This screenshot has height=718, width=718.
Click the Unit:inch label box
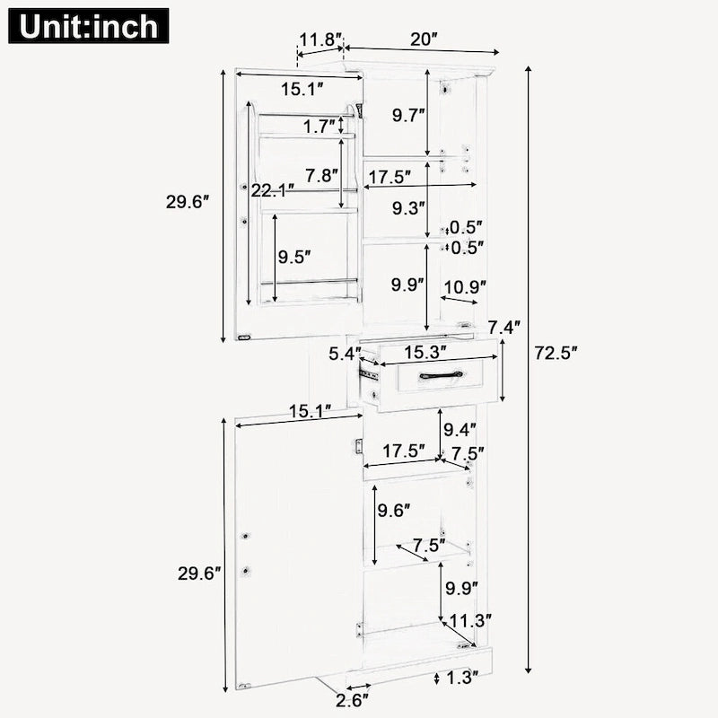pyautogui.click(x=89, y=26)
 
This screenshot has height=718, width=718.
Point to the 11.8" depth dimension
pyautogui.click(x=321, y=39)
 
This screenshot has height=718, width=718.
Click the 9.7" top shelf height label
pyautogui.click(x=408, y=115)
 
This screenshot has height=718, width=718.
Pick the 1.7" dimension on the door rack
pyautogui.click(x=320, y=127)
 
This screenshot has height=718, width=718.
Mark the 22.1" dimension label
pyautogui.click(x=271, y=190)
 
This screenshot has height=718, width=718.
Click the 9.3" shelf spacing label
pyautogui.click(x=408, y=208)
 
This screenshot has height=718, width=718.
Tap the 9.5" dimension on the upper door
pyautogui.click(x=294, y=258)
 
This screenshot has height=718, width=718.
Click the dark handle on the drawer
pyautogui.click(x=441, y=375)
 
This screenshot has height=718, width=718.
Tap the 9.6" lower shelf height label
pyautogui.click(x=394, y=512)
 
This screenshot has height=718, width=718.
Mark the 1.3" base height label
pyautogui.click(x=461, y=679)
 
